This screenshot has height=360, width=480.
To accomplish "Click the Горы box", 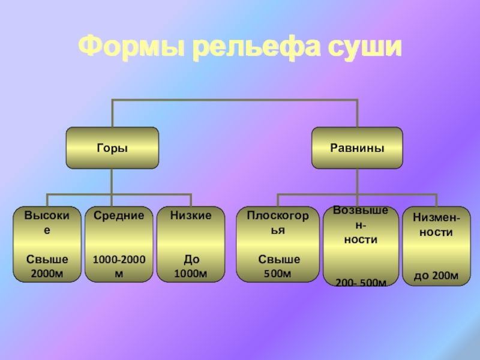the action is click(113, 148).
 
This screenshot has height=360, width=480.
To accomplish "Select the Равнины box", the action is click(357, 148).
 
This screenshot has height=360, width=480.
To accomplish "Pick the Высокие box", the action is click(47, 244).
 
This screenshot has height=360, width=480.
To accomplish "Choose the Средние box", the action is click(118, 244).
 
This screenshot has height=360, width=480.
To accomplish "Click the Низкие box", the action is click(191, 244).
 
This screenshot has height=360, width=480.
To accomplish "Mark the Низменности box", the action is click(436, 244).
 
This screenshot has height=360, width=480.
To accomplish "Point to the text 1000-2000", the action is click(118, 260).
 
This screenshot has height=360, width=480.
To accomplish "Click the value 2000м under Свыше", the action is click(47, 274).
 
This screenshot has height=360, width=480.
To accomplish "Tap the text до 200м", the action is click(436, 276).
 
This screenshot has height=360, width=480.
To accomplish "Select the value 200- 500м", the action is click(360, 282).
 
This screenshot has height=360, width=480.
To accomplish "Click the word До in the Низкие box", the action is click(191, 260).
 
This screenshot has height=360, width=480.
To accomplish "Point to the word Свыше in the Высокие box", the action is click(47, 260).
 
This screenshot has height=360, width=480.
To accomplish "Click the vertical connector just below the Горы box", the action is click(113, 180).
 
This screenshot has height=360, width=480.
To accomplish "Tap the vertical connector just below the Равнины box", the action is click(357, 180).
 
